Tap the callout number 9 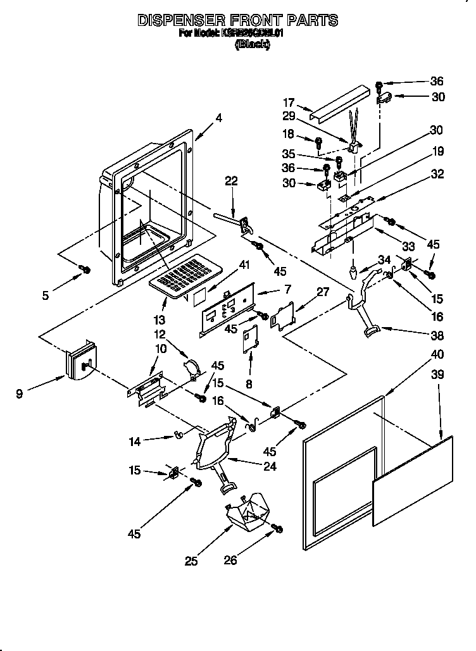20,394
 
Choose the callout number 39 437,374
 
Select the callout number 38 437,335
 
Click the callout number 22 231,181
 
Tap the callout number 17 289,102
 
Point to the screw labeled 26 277,528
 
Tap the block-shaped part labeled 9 81,362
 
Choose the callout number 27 323,292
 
